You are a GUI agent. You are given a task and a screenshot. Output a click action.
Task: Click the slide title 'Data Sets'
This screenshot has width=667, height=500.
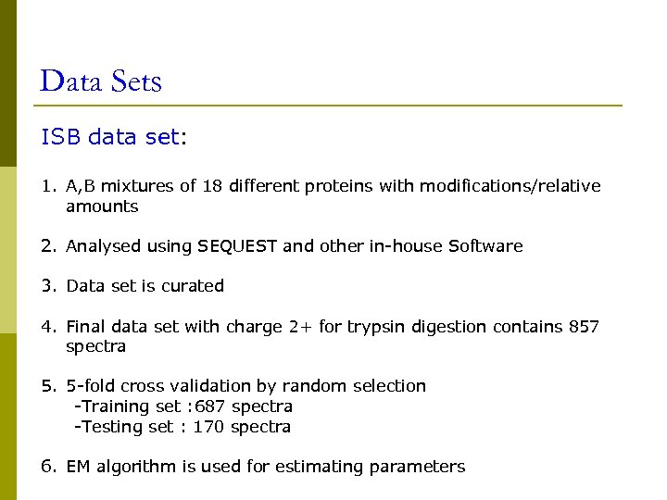pos(101,81)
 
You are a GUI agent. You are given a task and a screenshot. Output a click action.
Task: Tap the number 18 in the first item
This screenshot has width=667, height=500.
pos(212,186)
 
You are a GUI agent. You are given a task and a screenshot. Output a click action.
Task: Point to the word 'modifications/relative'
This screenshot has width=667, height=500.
pos(510,186)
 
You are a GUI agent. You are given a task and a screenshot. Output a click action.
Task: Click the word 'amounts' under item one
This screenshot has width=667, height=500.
pos(102,206)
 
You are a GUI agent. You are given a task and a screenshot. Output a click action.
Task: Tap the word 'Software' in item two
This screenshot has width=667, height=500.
pos(485,246)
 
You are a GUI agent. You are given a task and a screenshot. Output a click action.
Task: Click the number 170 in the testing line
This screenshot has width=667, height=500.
pos(208,427)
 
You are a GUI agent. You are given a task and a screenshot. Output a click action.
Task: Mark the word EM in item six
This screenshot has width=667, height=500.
pos(78,467)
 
